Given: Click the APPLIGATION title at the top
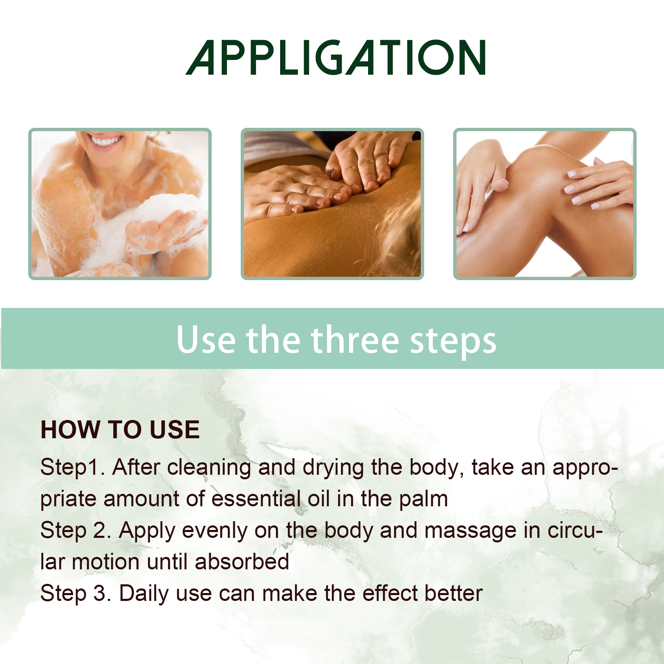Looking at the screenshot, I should pos(335,58).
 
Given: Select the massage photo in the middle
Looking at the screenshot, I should pos(332,203).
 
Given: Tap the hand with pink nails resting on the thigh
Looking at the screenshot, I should pos(598,183).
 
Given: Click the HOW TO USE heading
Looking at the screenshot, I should pos(120,430).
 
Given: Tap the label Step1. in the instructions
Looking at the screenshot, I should pos(72,468).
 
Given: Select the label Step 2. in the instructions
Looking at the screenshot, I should pos(76,531).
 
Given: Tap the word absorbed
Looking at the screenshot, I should pos(242,562).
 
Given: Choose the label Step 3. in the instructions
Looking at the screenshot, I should pos(76,593).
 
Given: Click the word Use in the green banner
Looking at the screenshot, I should pos(206,340).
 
